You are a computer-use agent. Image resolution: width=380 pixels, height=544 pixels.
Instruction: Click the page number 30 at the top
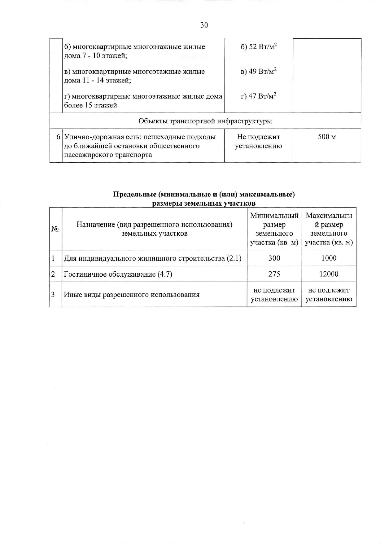pyautogui.click(x=204, y=25)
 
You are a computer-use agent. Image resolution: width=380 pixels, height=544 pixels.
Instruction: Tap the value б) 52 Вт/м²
pyautogui.click(x=258, y=47)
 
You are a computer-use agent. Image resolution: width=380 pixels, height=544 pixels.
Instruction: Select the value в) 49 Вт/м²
pyautogui.click(x=258, y=72)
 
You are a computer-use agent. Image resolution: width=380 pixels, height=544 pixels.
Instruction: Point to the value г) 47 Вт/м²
pyautogui.click(x=258, y=96)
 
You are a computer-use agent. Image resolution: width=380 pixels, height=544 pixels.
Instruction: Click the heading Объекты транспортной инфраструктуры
pyautogui.click(x=205, y=121)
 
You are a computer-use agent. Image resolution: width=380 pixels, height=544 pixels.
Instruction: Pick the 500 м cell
pyautogui.click(x=327, y=137)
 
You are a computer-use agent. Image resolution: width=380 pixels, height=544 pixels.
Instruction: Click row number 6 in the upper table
pyautogui.click(x=58, y=137)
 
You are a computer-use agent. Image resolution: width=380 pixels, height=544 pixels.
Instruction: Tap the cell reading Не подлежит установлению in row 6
pyautogui.click(x=258, y=141)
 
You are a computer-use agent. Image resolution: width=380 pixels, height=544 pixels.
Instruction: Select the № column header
pyautogui.click(x=55, y=229)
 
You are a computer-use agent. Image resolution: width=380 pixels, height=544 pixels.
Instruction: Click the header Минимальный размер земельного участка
pyautogui.click(x=274, y=229)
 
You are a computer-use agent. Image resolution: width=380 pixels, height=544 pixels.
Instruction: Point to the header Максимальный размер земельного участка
pyautogui.click(x=329, y=229)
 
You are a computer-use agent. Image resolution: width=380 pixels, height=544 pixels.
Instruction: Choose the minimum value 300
pyautogui.click(x=274, y=258)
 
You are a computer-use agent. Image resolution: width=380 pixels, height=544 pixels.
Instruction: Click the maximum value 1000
pyautogui.click(x=329, y=258)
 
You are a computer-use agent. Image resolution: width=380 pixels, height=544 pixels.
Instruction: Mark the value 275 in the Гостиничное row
pyautogui.click(x=274, y=274)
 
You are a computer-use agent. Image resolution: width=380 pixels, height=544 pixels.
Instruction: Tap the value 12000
pyautogui.click(x=329, y=274)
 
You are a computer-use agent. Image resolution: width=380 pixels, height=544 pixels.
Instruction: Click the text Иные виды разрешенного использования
pyautogui.click(x=132, y=295)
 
